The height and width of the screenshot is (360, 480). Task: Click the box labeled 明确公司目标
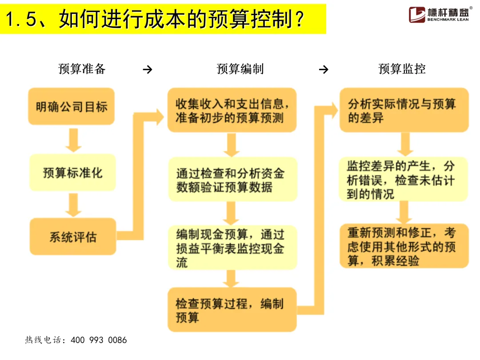[72, 107]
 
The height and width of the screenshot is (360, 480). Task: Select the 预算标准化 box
[72, 172]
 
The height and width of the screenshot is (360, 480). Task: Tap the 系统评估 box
[73, 236]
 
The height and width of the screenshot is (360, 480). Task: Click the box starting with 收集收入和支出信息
[232, 110]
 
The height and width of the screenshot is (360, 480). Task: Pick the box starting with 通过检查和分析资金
[232, 179]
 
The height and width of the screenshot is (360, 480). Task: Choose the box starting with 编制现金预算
[232, 248]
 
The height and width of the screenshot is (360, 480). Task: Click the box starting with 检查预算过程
[232, 310]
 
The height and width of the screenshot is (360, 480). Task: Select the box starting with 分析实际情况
[404, 110]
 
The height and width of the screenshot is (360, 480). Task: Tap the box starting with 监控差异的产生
[403, 180]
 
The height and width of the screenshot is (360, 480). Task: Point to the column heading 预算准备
[82, 69]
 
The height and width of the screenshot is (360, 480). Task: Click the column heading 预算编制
[240, 69]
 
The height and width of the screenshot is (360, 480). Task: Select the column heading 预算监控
[402, 69]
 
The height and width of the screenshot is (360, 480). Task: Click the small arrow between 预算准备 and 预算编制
[148, 70]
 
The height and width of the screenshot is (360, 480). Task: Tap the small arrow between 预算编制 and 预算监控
[324, 70]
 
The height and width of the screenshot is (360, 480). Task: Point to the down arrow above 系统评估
[73, 205]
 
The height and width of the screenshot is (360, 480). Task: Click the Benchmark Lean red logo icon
[417, 14]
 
